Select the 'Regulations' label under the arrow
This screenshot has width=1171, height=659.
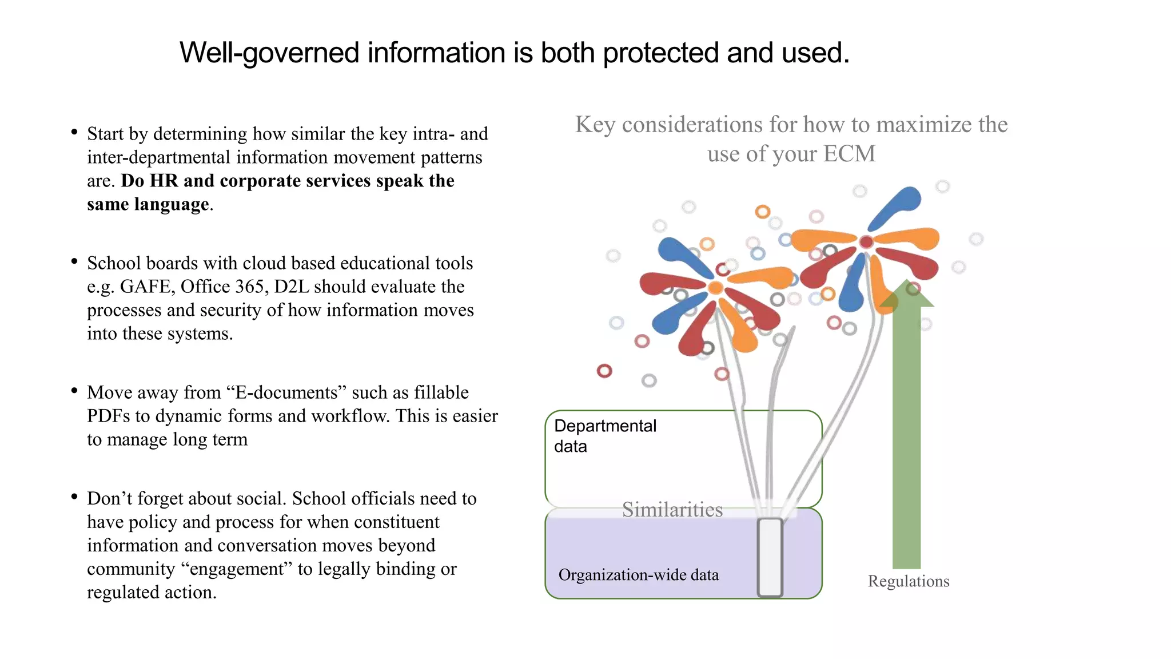tap(908, 581)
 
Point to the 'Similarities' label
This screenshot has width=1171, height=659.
tap(672, 509)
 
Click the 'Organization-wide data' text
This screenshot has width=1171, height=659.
tap(638, 575)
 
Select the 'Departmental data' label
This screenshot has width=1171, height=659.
tap(605, 436)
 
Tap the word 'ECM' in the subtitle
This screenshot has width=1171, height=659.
tap(849, 154)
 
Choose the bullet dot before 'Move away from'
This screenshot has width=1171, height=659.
tap(74, 391)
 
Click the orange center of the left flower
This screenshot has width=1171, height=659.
tap(715, 287)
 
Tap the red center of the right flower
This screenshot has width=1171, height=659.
tap(866, 242)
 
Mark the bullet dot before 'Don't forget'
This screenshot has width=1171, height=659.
tap(74, 497)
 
